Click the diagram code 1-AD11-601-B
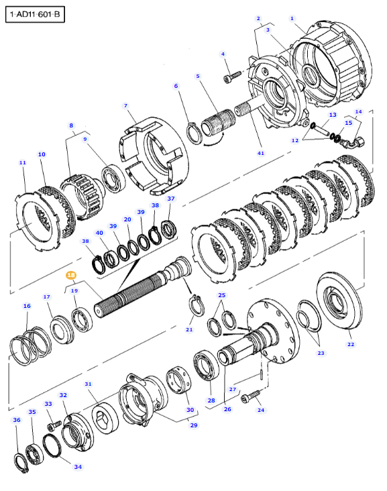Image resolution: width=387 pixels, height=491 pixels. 35,14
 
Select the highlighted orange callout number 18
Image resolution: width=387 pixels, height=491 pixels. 71,275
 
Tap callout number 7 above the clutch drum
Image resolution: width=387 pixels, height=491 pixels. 125,106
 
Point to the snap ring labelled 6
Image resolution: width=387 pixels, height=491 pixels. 194,134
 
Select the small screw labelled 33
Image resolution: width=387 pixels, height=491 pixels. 54,425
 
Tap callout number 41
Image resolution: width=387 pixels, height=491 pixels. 260,153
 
